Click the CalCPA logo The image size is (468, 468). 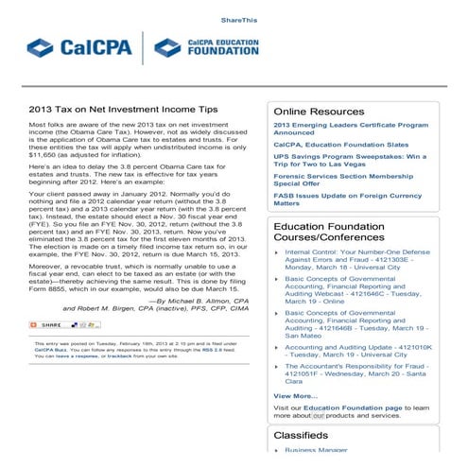pos(81,46)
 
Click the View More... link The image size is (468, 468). pos(295,395)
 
